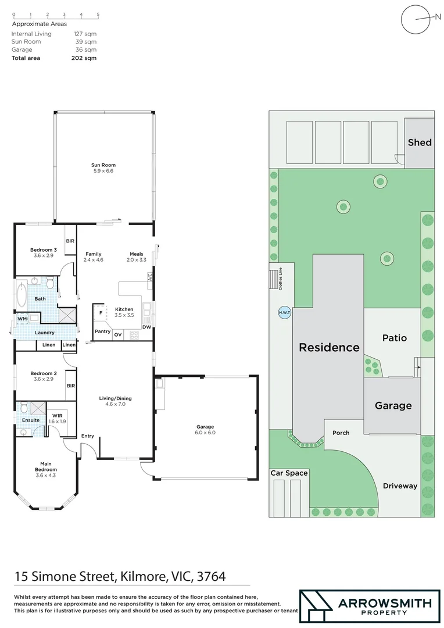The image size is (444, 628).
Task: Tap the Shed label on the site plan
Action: tap(419, 142)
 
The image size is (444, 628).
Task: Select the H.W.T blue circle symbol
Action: tap(285, 312)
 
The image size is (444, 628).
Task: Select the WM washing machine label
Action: tap(22, 319)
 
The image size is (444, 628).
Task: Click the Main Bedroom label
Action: tap(45, 466)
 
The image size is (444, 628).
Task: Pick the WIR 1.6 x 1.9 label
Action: tap(57, 418)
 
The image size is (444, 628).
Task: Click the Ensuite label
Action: tap(31, 420)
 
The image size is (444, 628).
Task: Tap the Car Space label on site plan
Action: tap(289, 473)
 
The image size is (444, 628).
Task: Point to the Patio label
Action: tap(395, 338)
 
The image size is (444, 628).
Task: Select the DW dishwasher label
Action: tap(147, 327)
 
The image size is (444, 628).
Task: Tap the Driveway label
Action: tap(400, 486)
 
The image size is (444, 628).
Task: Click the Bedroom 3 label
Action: tap(43, 252)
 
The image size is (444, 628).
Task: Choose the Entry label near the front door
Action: tap(88, 436)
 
